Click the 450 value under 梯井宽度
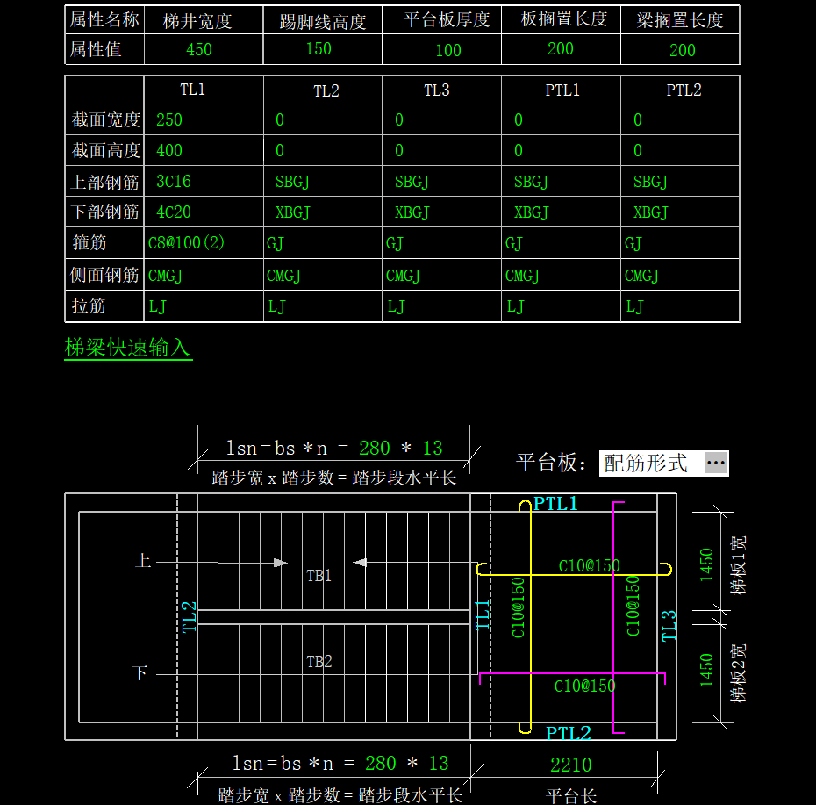[199, 49]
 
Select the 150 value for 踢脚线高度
[319, 48]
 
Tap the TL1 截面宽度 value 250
[169, 119]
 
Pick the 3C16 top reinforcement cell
[174, 181]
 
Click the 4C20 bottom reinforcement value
[174, 212]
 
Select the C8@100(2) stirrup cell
[186, 242]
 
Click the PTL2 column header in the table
[684, 90]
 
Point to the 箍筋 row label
[89, 242]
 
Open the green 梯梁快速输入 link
[127, 348]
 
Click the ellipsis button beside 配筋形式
[716, 463]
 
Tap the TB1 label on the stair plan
[319, 575]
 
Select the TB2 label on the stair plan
[319, 661]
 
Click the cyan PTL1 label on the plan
[555, 504]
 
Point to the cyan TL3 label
[669, 626]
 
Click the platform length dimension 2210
[571, 765]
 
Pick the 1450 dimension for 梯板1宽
[706, 564]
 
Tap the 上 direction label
[143, 561]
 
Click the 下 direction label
[140, 672]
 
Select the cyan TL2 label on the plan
[189, 617]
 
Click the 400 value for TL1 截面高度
[169, 150]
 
